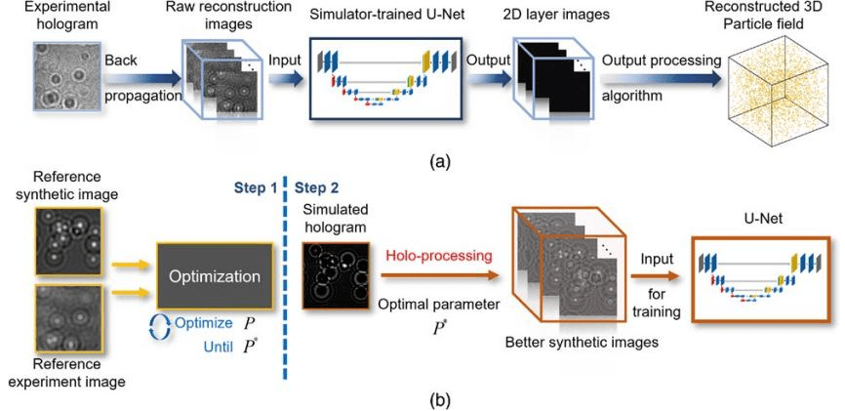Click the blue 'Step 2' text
tap(316, 186)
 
